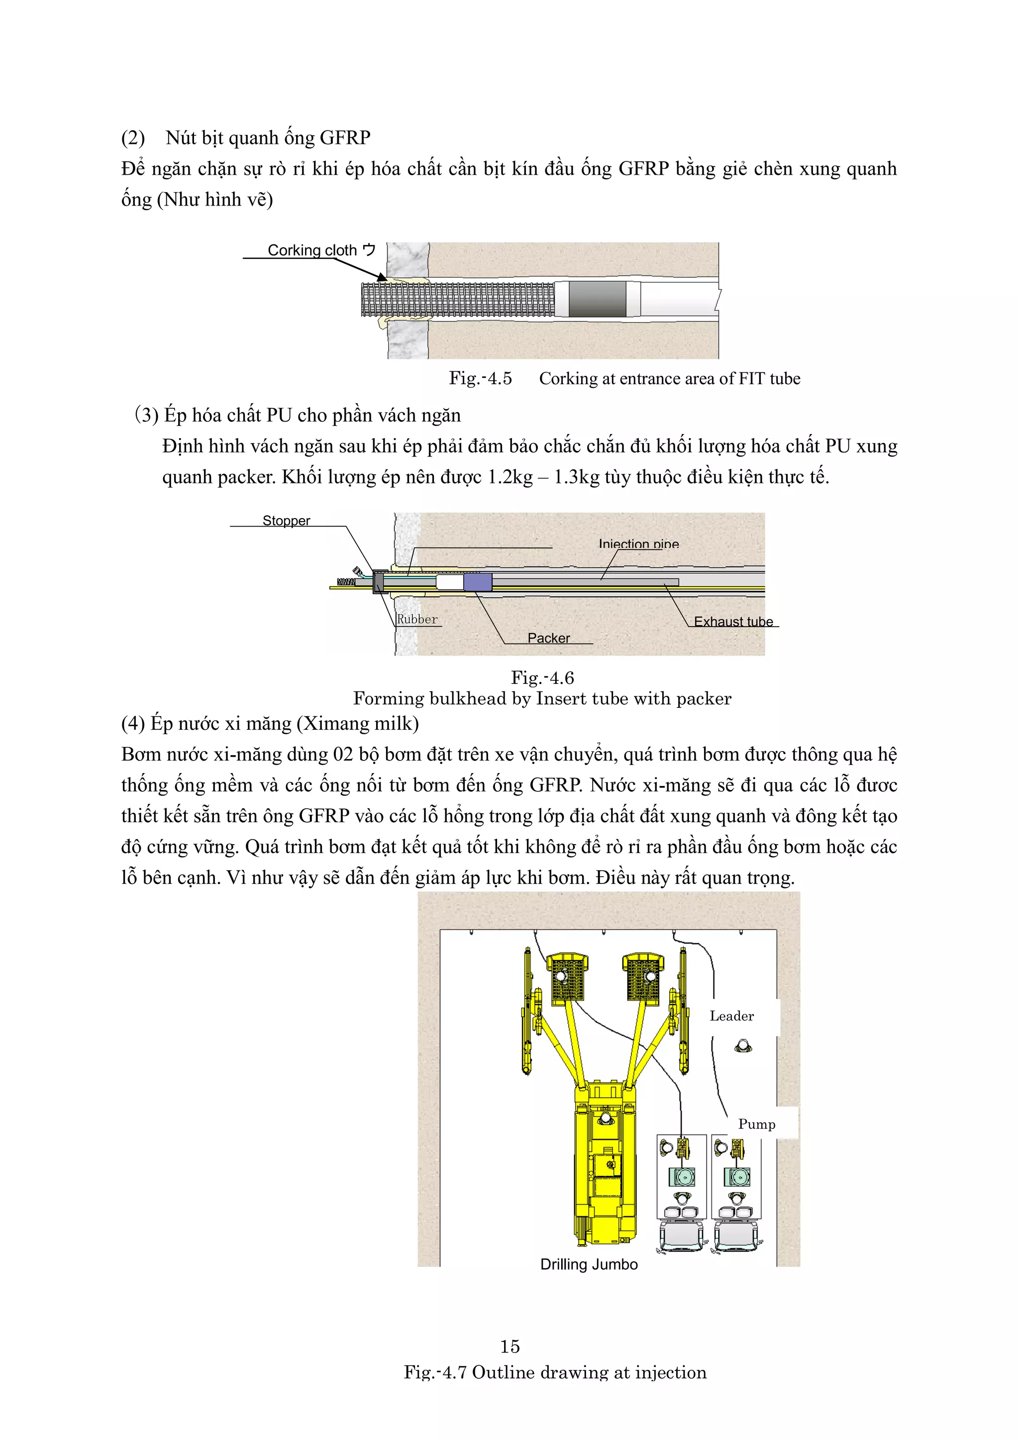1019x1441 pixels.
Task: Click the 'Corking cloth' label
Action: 312,250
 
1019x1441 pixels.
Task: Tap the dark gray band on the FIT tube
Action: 598,299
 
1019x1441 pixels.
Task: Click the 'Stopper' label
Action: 286,521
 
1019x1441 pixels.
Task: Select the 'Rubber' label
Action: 417,619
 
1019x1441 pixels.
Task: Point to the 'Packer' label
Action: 548,638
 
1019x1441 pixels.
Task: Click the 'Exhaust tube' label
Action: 733,621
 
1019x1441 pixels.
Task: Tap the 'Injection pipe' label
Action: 638,544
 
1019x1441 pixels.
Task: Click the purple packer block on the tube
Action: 478,582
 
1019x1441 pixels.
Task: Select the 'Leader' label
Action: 731,1016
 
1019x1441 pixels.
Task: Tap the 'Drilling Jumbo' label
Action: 589,1265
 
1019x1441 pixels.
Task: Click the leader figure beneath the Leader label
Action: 743,1046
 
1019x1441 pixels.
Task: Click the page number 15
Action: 509,1346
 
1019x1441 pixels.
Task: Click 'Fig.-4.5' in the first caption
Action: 480,378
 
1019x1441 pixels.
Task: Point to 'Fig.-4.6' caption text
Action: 542,678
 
